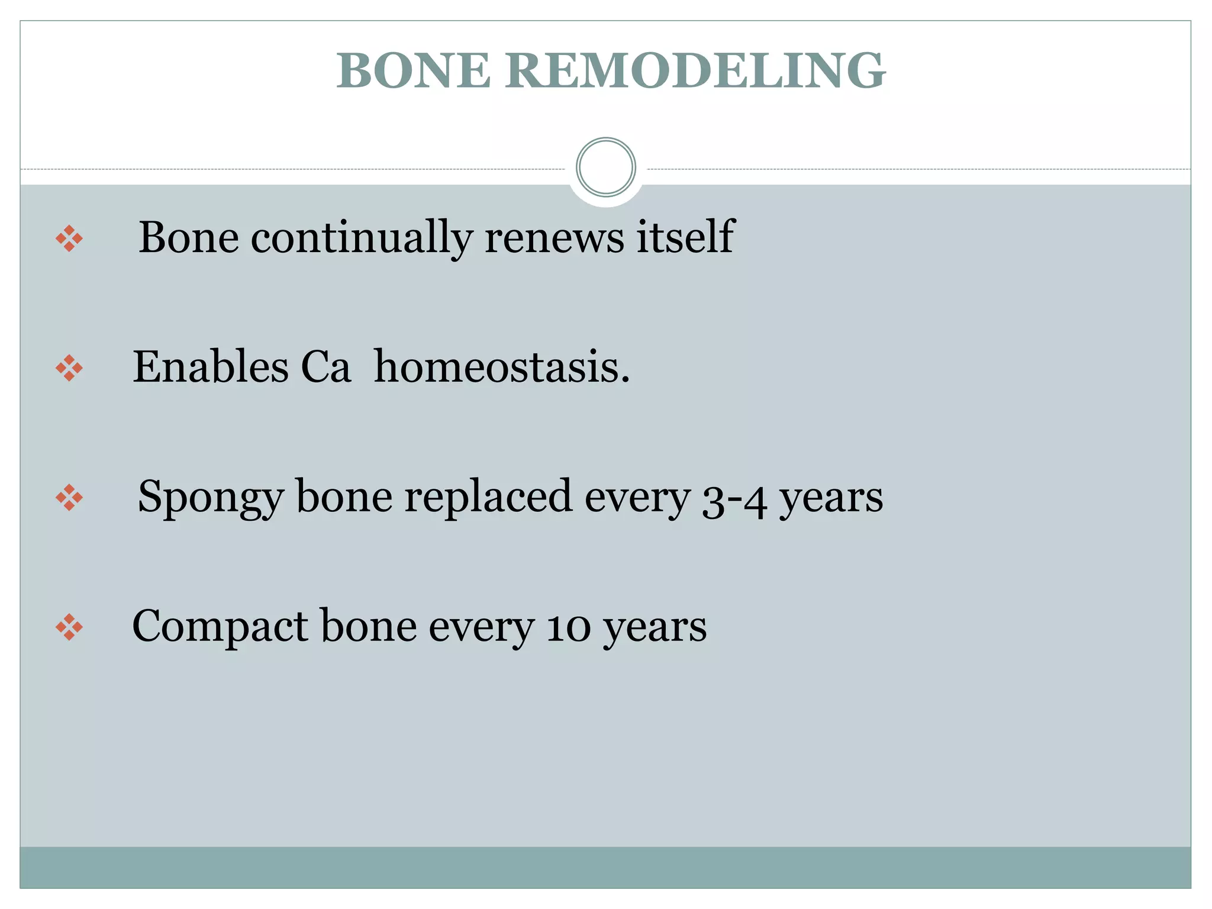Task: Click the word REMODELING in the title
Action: pyautogui.click(x=695, y=71)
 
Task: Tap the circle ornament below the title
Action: pyautogui.click(x=605, y=167)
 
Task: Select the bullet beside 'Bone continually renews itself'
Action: pyautogui.click(x=69, y=238)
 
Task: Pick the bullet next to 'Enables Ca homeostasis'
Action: pyautogui.click(x=69, y=368)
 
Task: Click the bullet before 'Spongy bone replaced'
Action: pyautogui.click(x=69, y=498)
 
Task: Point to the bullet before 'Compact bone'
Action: pyautogui.click(x=69, y=627)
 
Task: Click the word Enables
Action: pyautogui.click(x=210, y=367)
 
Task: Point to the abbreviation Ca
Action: pyautogui.click(x=326, y=367)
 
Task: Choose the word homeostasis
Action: pyautogui.click(x=502, y=367)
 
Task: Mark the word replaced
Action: pyautogui.click(x=488, y=497)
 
